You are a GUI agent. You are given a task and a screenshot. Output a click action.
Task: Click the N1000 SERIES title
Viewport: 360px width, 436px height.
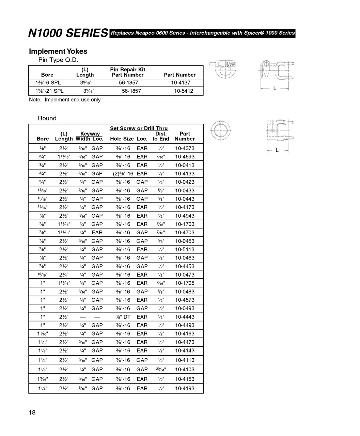point(68,33)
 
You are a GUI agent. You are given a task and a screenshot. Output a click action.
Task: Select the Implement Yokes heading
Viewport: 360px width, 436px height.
point(58,51)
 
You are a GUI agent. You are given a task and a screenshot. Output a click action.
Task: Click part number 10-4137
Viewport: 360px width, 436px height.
point(181,82)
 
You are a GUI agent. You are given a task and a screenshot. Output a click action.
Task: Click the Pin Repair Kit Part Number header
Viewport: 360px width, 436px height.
point(128,72)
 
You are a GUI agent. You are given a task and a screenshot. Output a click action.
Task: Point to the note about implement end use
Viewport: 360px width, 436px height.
point(65,100)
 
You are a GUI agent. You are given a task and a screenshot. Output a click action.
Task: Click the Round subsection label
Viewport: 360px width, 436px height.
point(47,118)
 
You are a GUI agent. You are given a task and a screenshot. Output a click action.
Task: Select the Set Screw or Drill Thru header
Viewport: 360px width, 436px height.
point(139,128)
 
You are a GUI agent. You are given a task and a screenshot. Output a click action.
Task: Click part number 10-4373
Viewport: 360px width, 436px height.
point(185,148)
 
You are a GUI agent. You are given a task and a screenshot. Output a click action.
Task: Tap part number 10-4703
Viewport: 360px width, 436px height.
point(185,233)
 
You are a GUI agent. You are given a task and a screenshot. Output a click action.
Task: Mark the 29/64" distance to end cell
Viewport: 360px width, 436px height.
point(161,369)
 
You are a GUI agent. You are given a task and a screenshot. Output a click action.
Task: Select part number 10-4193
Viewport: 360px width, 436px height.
point(185,388)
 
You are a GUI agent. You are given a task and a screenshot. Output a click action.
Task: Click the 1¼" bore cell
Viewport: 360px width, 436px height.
point(43,388)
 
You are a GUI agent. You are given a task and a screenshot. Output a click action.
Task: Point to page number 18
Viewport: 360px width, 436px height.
point(32,413)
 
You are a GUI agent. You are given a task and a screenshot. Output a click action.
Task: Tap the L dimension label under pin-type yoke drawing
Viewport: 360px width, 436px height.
point(275,88)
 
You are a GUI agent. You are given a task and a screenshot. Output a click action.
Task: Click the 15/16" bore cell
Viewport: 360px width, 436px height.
point(43,275)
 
